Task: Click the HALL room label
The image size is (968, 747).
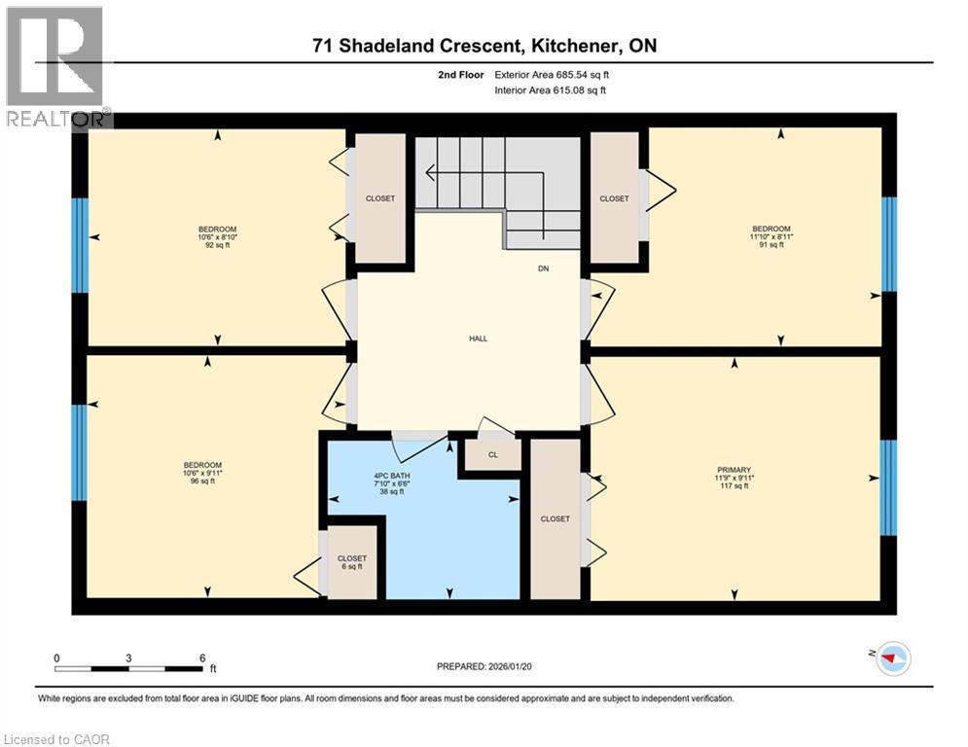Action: click(478, 338)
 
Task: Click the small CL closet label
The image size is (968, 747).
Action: click(492, 454)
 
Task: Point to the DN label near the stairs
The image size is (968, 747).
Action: click(543, 268)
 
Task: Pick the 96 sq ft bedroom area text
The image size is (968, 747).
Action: click(202, 481)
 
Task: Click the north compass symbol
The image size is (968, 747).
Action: click(893, 659)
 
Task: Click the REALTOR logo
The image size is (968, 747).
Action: click(55, 66)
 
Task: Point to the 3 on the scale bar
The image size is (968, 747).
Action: click(128, 657)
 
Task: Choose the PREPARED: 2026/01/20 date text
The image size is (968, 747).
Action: click(492, 666)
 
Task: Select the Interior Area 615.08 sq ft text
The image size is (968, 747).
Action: click(551, 90)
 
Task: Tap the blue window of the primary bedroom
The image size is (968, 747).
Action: click(888, 487)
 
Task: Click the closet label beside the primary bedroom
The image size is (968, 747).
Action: click(555, 518)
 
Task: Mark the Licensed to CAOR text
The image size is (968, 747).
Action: click(56, 739)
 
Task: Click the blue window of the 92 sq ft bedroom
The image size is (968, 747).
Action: click(81, 245)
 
